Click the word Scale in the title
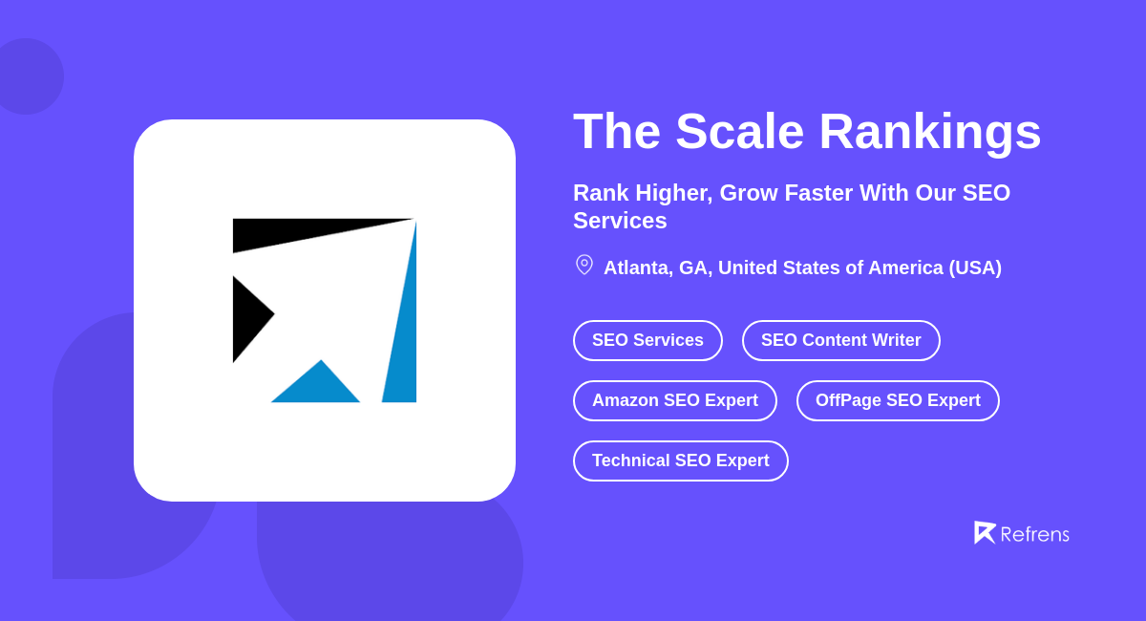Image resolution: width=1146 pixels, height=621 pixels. [739, 131]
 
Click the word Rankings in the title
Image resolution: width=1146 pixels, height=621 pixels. [929, 131]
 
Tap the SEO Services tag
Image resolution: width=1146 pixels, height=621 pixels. [647, 340]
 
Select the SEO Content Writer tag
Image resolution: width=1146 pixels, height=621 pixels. [840, 340]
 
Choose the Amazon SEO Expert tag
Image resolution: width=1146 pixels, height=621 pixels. [674, 400]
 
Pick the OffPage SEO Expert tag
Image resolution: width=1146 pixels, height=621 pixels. [898, 400]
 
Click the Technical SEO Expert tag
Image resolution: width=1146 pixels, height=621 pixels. [680, 460]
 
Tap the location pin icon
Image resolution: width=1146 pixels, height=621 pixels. [584, 265]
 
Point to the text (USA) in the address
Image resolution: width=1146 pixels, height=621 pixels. [975, 268]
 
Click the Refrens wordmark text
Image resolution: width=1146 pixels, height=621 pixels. [1034, 534]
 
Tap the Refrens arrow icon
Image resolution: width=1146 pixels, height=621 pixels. [984, 532]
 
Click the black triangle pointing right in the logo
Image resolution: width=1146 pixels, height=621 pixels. [248, 317]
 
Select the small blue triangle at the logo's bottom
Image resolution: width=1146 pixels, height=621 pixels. [317, 386]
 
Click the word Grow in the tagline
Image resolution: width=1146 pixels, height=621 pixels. [747, 193]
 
